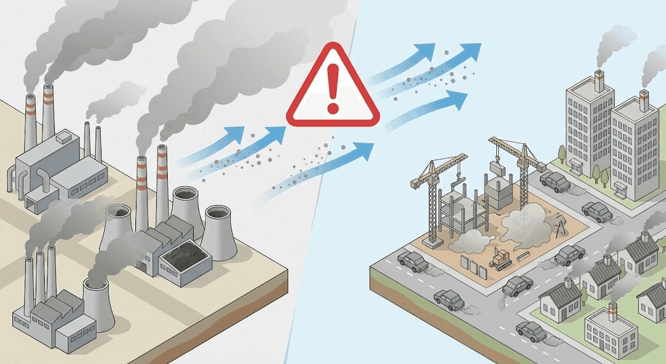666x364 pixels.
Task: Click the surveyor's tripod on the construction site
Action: pos(558,227)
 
